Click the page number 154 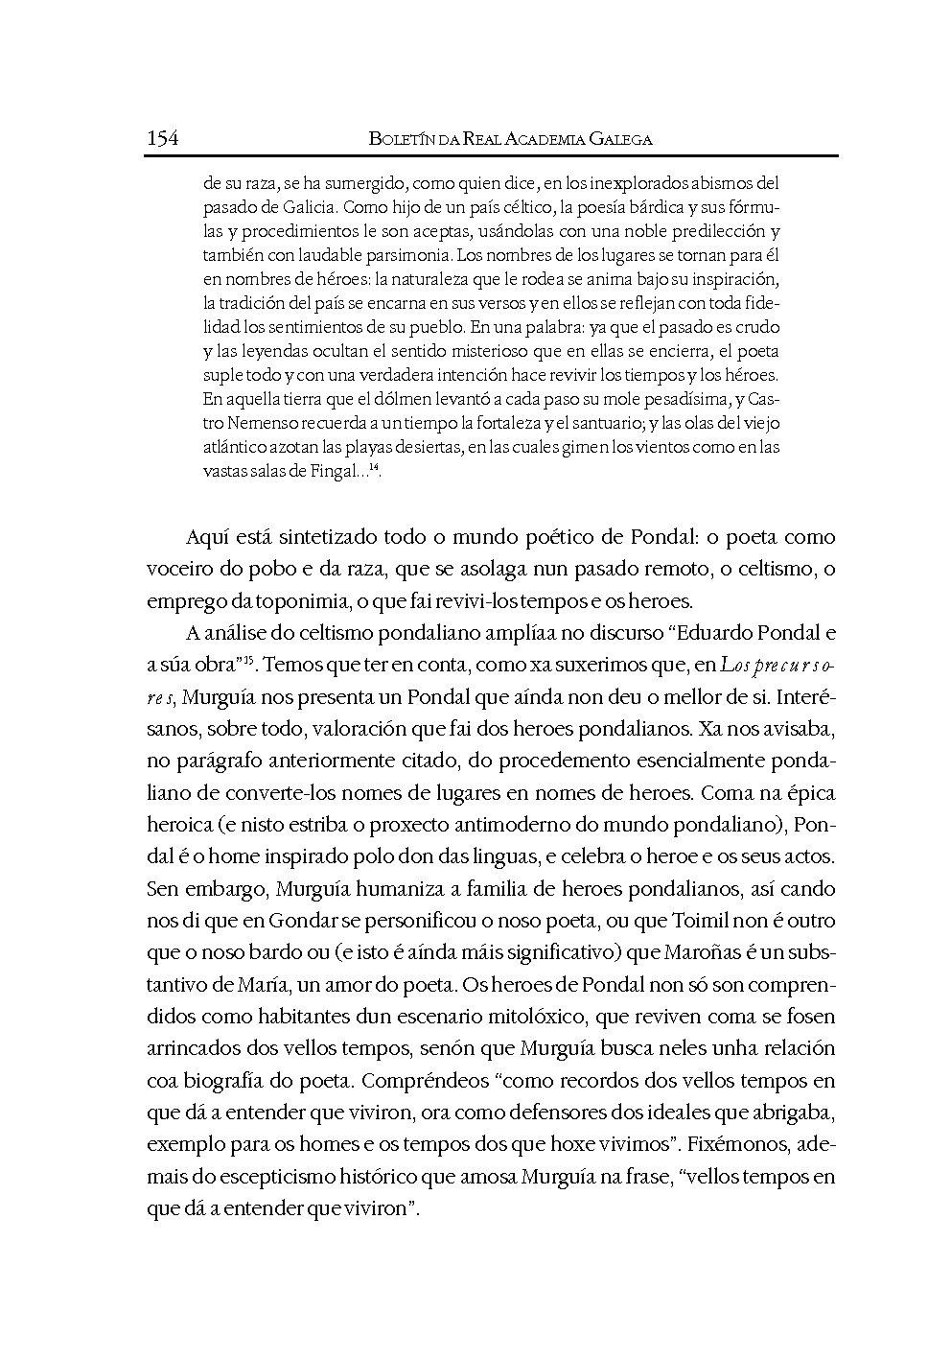[162, 138]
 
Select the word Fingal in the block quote [335, 470]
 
